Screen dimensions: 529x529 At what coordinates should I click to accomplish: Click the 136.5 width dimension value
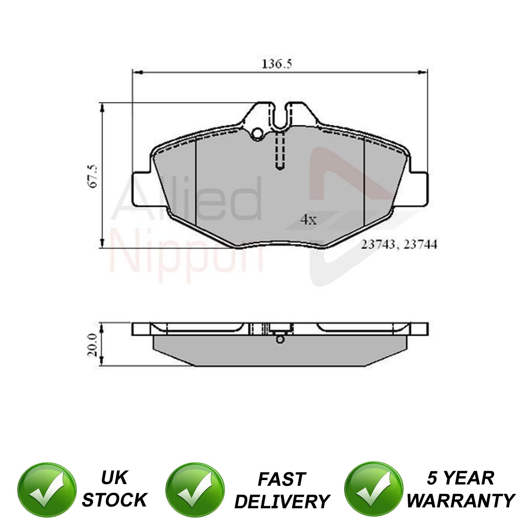276,64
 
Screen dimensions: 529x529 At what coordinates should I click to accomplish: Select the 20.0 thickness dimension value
92,345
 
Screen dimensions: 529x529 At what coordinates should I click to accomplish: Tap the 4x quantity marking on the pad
309,220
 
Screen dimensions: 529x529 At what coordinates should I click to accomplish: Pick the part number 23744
420,244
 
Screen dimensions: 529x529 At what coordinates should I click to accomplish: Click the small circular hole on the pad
258,134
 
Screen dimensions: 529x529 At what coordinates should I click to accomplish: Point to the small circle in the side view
280,339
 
